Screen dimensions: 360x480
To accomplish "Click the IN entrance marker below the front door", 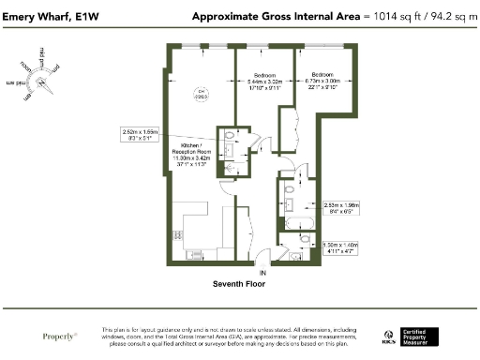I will (263, 273).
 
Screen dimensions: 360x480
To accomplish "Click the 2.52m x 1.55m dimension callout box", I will (142, 134).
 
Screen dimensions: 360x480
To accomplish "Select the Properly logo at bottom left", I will (59, 335).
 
